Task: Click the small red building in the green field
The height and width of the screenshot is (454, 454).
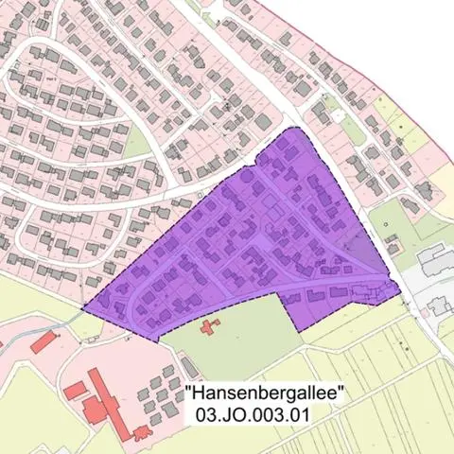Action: [x=207, y=327]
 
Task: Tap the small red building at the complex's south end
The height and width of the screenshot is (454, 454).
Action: [x=141, y=432]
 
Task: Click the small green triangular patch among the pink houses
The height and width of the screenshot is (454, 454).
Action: [x=137, y=143]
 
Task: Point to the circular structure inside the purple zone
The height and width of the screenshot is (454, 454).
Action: [x=247, y=176]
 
